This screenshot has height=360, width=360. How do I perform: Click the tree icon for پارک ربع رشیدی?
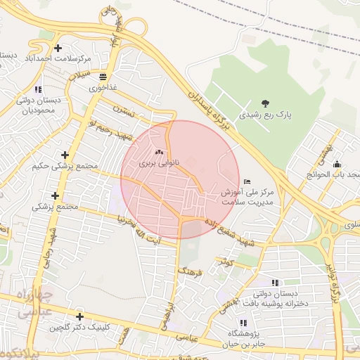pos(264,103)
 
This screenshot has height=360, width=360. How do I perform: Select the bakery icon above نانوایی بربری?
pos(158,151)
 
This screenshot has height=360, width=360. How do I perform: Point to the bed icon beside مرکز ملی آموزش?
pos(245,181)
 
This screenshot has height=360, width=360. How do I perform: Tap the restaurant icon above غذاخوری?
pos(103,77)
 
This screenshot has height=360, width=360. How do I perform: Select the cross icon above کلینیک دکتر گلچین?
pos(79,317)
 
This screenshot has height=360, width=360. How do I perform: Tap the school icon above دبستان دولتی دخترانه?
pos(274,283)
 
